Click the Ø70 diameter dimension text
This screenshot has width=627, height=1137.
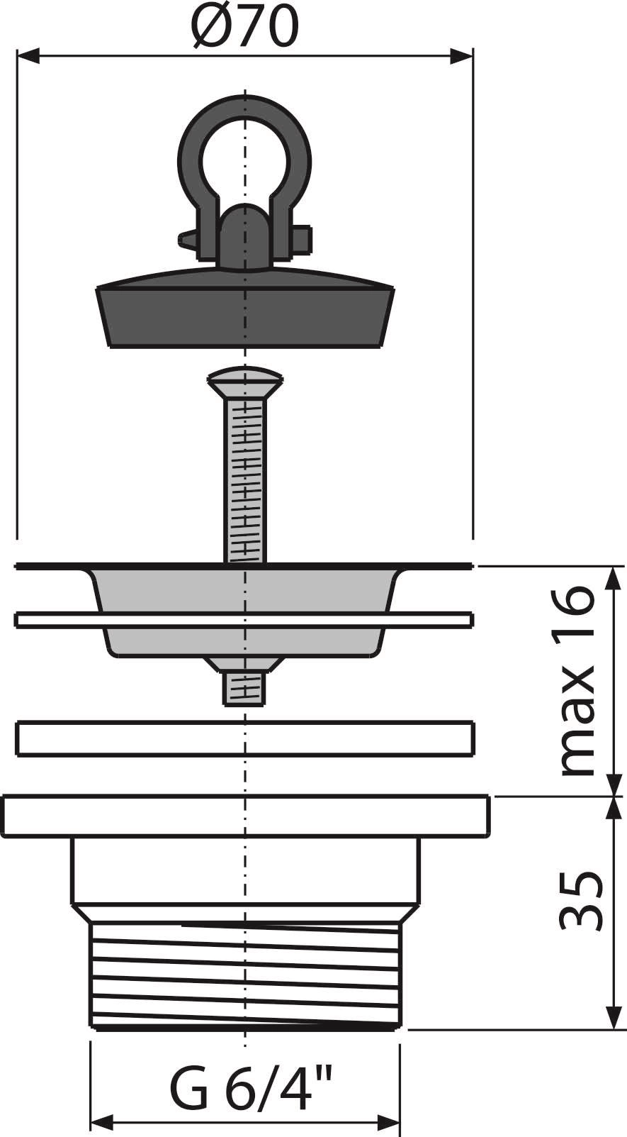coord(244,26)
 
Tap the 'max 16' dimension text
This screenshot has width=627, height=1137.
coord(575,680)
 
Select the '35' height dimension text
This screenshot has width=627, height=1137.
coord(580,899)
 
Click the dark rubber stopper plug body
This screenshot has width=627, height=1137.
coord(244,312)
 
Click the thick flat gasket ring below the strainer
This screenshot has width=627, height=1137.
coord(244,738)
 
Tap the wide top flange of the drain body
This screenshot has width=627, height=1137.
coord(244,816)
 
